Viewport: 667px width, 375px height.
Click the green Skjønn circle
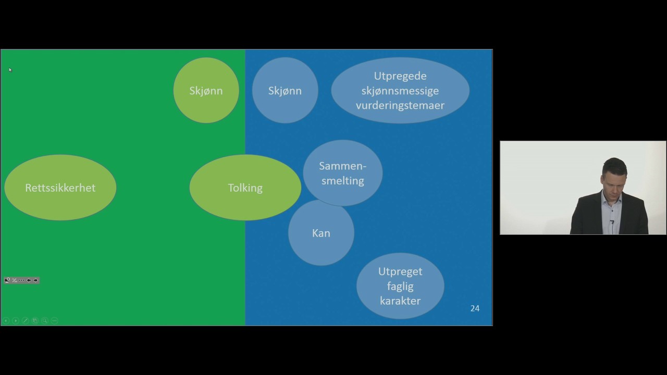click(206, 90)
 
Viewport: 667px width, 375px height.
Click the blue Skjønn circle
click(285, 90)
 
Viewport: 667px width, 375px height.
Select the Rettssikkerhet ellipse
click(60, 187)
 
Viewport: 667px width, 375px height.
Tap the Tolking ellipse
click(245, 187)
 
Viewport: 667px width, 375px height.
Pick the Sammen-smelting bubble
click(343, 173)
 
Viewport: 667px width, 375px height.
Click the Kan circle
click(322, 233)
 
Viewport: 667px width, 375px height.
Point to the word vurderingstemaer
click(400, 105)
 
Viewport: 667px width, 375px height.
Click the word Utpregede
click(400, 76)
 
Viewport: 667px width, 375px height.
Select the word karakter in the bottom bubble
click(400, 301)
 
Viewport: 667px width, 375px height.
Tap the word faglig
click(400, 286)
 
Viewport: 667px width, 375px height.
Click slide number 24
click(475, 308)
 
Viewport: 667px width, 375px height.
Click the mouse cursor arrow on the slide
click(10, 70)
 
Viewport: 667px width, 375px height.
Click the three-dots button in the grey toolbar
click(21, 280)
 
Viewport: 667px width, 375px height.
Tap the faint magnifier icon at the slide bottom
click(45, 320)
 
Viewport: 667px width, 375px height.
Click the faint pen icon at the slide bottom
click(26, 320)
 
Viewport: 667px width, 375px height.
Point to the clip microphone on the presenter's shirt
click(612, 222)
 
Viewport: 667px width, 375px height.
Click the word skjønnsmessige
click(400, 91)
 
